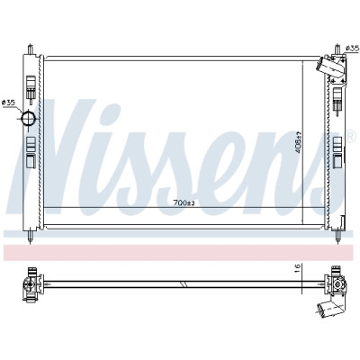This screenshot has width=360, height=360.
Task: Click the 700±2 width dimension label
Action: click(184, 203)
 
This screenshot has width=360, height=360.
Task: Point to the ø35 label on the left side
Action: click(8, 103)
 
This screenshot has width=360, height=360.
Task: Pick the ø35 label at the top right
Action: click(352, 48)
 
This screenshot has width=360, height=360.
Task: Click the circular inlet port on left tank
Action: click(28, 118)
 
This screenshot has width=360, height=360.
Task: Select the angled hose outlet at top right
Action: click(329, 67)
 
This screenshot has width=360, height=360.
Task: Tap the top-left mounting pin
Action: click(30, 49)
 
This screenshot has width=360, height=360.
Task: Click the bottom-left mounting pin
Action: click(30, 237)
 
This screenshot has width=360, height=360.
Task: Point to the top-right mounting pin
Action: click(337, 49)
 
